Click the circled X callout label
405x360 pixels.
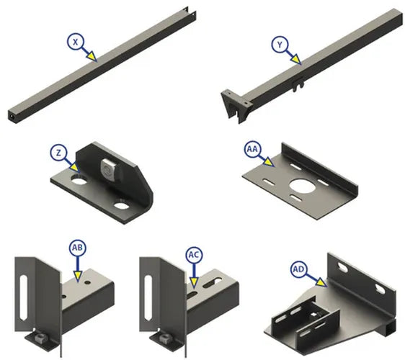tap(75, 42)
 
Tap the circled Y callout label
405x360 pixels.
tap(280, 45)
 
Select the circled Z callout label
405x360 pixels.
tap(58, 153)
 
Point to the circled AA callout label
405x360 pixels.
tap(253, 149)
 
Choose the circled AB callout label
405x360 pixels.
tap(78, 248)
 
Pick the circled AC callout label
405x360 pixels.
tap(194, 255)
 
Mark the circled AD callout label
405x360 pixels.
tap(298, 269)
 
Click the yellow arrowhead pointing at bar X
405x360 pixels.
tap(92, 56)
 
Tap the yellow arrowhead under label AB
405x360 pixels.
tap(78, 276)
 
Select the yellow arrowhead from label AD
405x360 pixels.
tap(321, 282)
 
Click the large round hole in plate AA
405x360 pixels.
tap(301, 185)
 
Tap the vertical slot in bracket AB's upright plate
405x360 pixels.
tap(24, 297)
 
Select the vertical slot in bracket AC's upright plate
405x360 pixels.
tap(148, 298)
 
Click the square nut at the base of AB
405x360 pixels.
tap(39, 337)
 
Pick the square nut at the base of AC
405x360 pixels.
tap(164, 337)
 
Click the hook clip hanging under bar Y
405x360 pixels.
tap(298, 84)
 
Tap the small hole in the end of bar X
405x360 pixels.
tap(12, 116)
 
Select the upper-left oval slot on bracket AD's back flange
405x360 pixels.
tap(342, 269)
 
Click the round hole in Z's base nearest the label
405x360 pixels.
tap(79, 179)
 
